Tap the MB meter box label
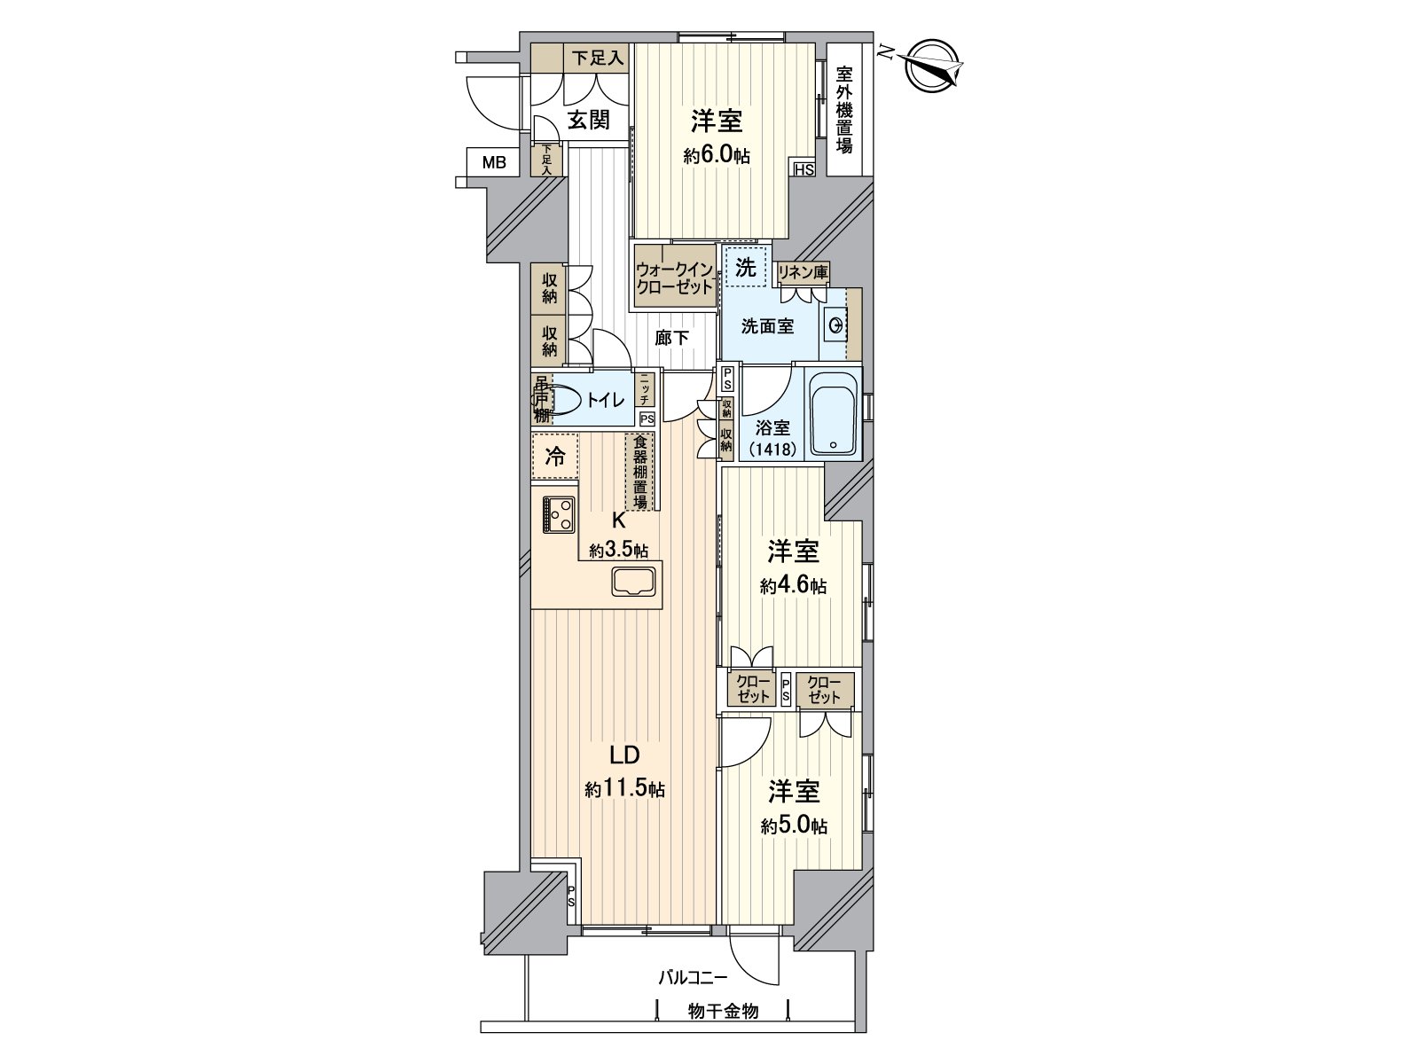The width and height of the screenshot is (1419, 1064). [x=494, y=162]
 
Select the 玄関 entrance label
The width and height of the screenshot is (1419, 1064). [x=587, y=121]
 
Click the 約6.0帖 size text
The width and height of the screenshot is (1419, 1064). [x=716, y=156]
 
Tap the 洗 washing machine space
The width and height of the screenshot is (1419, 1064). [x=746, y=267]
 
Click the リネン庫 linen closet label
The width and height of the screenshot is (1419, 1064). [x=803, y=272]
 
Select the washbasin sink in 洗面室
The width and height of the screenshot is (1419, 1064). [x=835, y=326]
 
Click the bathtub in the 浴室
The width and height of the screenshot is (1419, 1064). [x=833, y=414]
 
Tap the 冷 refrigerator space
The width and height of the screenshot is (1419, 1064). [x=555, y=457]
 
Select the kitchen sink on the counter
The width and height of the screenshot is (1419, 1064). [x=633, y=583]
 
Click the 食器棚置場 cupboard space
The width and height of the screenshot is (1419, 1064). [x=639, y=472]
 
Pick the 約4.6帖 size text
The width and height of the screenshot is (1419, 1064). [x=793, y=586]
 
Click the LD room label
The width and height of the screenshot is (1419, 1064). [x=624, y=755]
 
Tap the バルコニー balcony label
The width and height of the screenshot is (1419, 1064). [x=692, y=978]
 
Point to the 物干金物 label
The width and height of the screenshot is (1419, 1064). [x=723, y=1011]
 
